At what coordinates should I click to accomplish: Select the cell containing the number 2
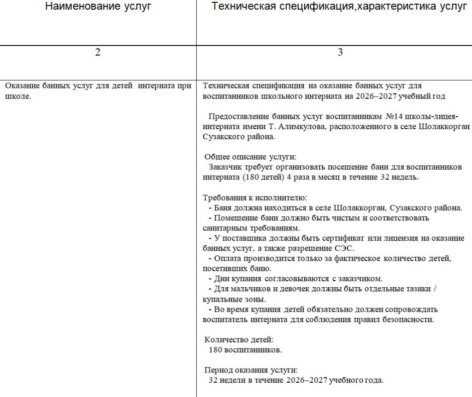(x=98, y=53)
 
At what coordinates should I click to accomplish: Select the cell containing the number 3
(x=340, y=53)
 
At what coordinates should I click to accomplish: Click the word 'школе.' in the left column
(x=18, y=96)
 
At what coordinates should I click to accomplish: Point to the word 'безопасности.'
(x=409, y=319)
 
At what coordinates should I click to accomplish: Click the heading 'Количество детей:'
(x=239, y=339)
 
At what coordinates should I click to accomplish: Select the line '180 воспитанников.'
(x=245, y=350)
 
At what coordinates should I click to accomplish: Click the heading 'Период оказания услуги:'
(x=251, y=370)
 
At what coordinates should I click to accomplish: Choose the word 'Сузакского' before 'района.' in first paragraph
(x=222, y=136)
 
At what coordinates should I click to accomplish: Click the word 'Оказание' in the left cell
(x=23, y=86)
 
